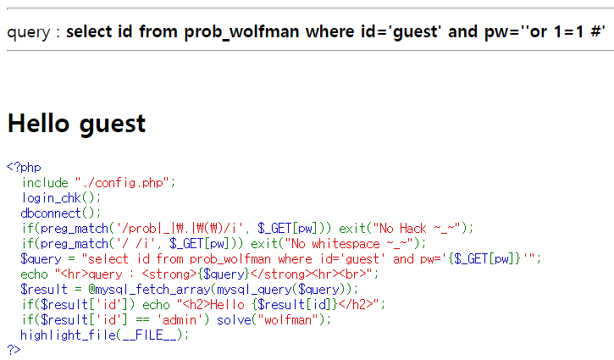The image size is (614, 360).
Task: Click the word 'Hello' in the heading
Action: coord(39,124)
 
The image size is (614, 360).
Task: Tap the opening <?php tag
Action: coord(23,167)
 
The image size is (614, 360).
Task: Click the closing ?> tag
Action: coord(14,349)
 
